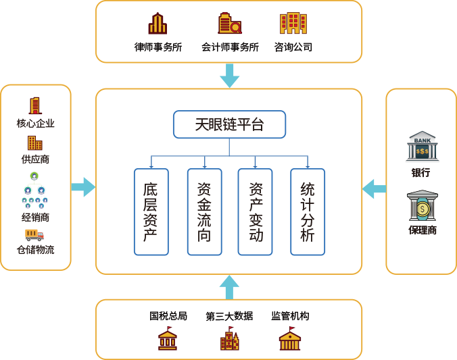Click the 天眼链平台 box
229,124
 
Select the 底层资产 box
151,211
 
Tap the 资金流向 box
204,211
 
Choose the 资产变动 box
256,211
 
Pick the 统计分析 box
308,211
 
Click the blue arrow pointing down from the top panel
229,75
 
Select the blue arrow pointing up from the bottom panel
229,287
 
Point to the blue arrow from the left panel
83,186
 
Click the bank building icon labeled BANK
423,146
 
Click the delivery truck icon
34,234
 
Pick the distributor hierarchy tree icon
34,192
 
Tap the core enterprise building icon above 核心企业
34,106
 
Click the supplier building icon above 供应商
34,143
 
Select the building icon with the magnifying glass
229,24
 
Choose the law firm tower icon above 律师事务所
158,24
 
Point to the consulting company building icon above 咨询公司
293,24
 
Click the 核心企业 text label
35,124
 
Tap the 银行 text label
420,172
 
